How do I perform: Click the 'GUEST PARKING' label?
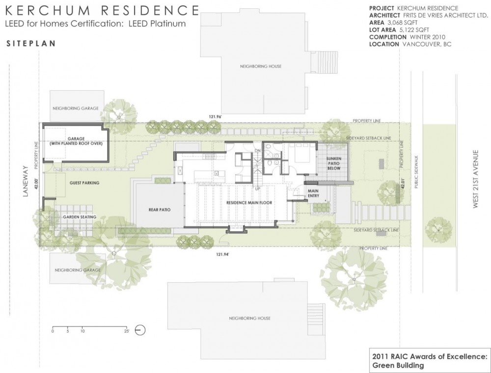click(x=84, y=183)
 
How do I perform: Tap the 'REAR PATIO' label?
click(x=160, y=210)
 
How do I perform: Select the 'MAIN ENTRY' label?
click(x=313, y=193)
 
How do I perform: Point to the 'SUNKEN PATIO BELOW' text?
click(x=334, y=163)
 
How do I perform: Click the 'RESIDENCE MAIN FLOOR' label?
click(x=249, y=203)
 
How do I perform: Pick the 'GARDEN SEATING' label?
click(x=80, y=217)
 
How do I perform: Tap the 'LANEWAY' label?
click(x=26, y=181)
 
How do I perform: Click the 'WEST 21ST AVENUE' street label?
click(x=476, y=179)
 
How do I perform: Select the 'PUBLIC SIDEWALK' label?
click(x=416, y=172)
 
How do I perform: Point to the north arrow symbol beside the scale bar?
click(x=140, y=330)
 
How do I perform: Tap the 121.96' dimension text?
click(x=216, y=117)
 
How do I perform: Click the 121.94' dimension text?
click(x=222, y=254)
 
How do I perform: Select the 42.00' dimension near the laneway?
click(x=36, y=183)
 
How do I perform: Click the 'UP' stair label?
click(x=257, y=188)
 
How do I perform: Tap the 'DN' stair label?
click(x=257, y=151)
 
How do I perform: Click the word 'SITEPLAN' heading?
click(x=31, y=44)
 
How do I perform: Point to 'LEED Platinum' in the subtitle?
click(x=157, y=24)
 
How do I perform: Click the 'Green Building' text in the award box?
click(x=398, y=365)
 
